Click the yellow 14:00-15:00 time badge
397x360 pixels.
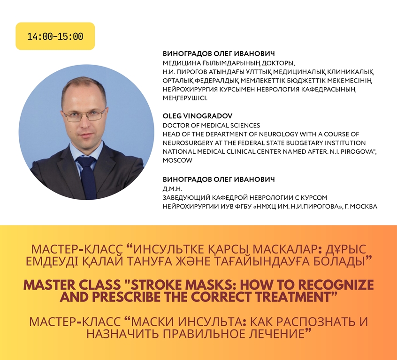(55, 36)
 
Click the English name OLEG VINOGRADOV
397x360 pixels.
(198, 116)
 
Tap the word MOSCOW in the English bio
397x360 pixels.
(177, 160)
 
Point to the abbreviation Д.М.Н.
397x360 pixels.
(172, 189)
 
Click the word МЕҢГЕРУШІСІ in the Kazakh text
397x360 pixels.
(185, 98)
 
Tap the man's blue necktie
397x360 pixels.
(87, 177)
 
